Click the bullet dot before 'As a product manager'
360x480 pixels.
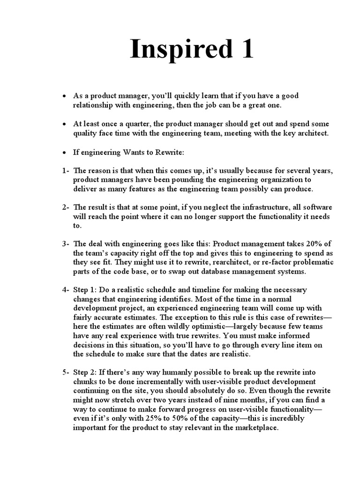[64, 96]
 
